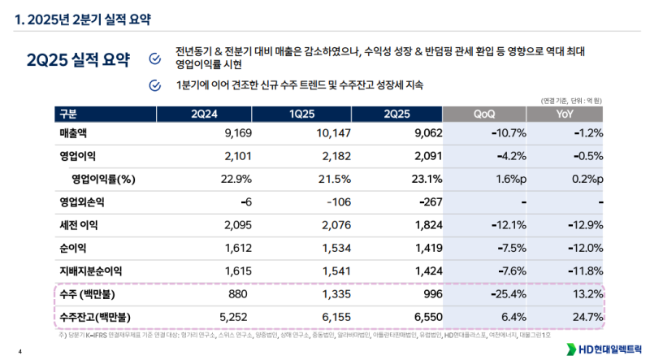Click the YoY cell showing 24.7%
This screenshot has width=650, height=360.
click(587, 315)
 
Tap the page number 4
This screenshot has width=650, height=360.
click(20, 351)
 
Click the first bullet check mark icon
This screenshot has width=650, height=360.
click(155, 58)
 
